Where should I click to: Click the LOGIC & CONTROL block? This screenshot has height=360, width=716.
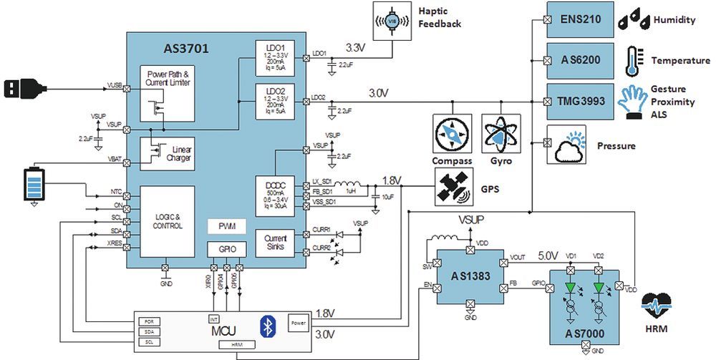pyautogui.click(x=168, y=221)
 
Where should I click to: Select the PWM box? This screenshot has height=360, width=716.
pyautogui.click(x=226, y=226)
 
